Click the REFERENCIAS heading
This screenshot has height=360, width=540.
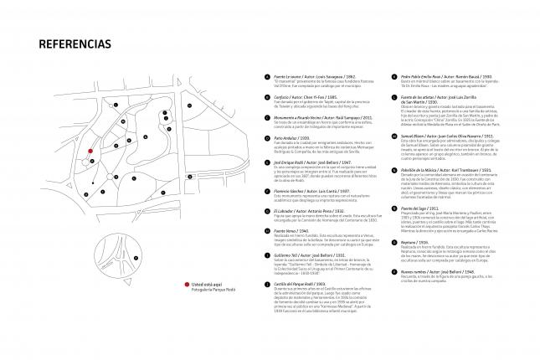(x=75, y=44)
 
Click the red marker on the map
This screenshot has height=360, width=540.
(x=90, y=153)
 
